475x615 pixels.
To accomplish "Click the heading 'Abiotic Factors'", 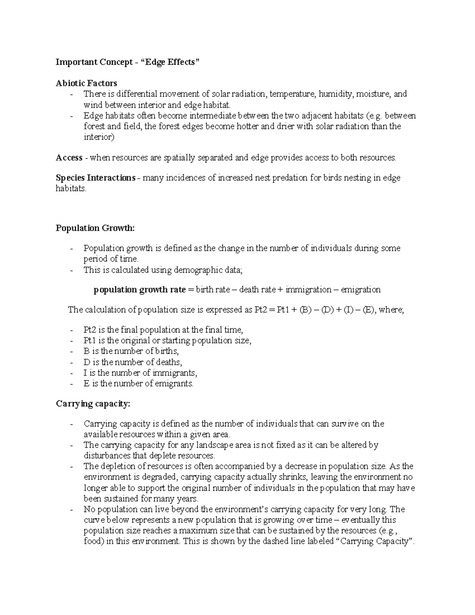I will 86,83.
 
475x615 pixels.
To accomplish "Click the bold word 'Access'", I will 69,158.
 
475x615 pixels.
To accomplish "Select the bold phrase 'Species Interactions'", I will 95,178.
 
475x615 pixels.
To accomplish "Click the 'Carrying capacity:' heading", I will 93,404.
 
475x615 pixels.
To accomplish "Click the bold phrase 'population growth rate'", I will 139,290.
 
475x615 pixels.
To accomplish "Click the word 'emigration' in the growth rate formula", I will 361,290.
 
